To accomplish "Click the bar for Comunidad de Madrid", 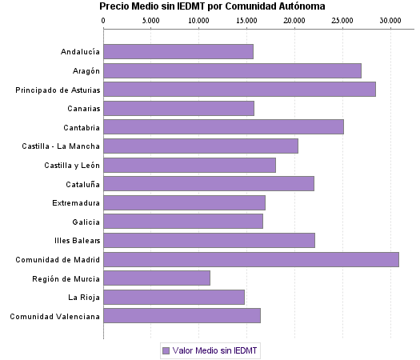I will pos(251,259).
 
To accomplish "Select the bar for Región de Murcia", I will pos(157,278).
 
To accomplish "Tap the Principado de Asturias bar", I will pos(239,89).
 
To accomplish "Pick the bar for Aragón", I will pos(232,70).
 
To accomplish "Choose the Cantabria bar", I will pos(223,126).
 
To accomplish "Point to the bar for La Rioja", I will pos(174,298).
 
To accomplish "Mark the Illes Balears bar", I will pos(209,240).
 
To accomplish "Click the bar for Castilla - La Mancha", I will pos(201,146).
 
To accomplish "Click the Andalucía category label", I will pos(80,52).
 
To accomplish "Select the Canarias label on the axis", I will pos(83,108).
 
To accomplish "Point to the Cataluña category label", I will pos(82,184).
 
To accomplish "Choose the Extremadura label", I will pos(76,202).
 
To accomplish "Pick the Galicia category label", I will pos(85,222).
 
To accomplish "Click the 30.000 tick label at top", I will pos(390,19).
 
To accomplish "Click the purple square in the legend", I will pos(166,350).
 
